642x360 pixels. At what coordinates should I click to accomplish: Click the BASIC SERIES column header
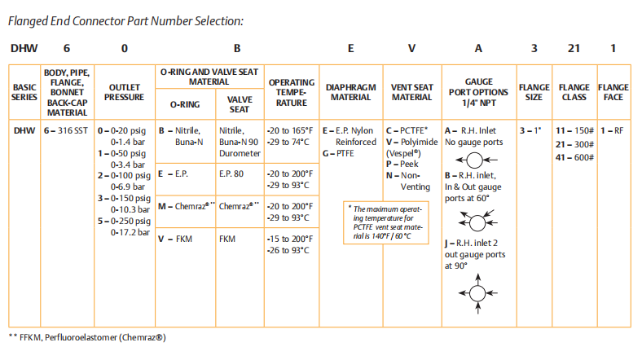pyautogui.click(x=24, y=92)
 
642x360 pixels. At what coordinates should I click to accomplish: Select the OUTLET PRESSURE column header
pyautogui.click(x=124, y=92)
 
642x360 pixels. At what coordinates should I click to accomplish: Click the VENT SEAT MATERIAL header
pyautogui.click(x=411, y=92)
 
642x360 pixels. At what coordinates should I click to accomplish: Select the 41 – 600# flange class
pyautogui.click(x=574, y=157)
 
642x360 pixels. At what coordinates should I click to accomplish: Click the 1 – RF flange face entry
pyautogui.click(x=612, y=130)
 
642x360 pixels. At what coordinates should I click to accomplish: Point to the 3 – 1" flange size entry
pyautogui.click(x=534, y=130)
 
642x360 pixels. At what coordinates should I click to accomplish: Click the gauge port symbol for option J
pyautogui.click(x=477, y=293)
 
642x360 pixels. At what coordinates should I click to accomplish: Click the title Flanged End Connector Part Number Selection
pyautogui.click(x=125, y=21)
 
